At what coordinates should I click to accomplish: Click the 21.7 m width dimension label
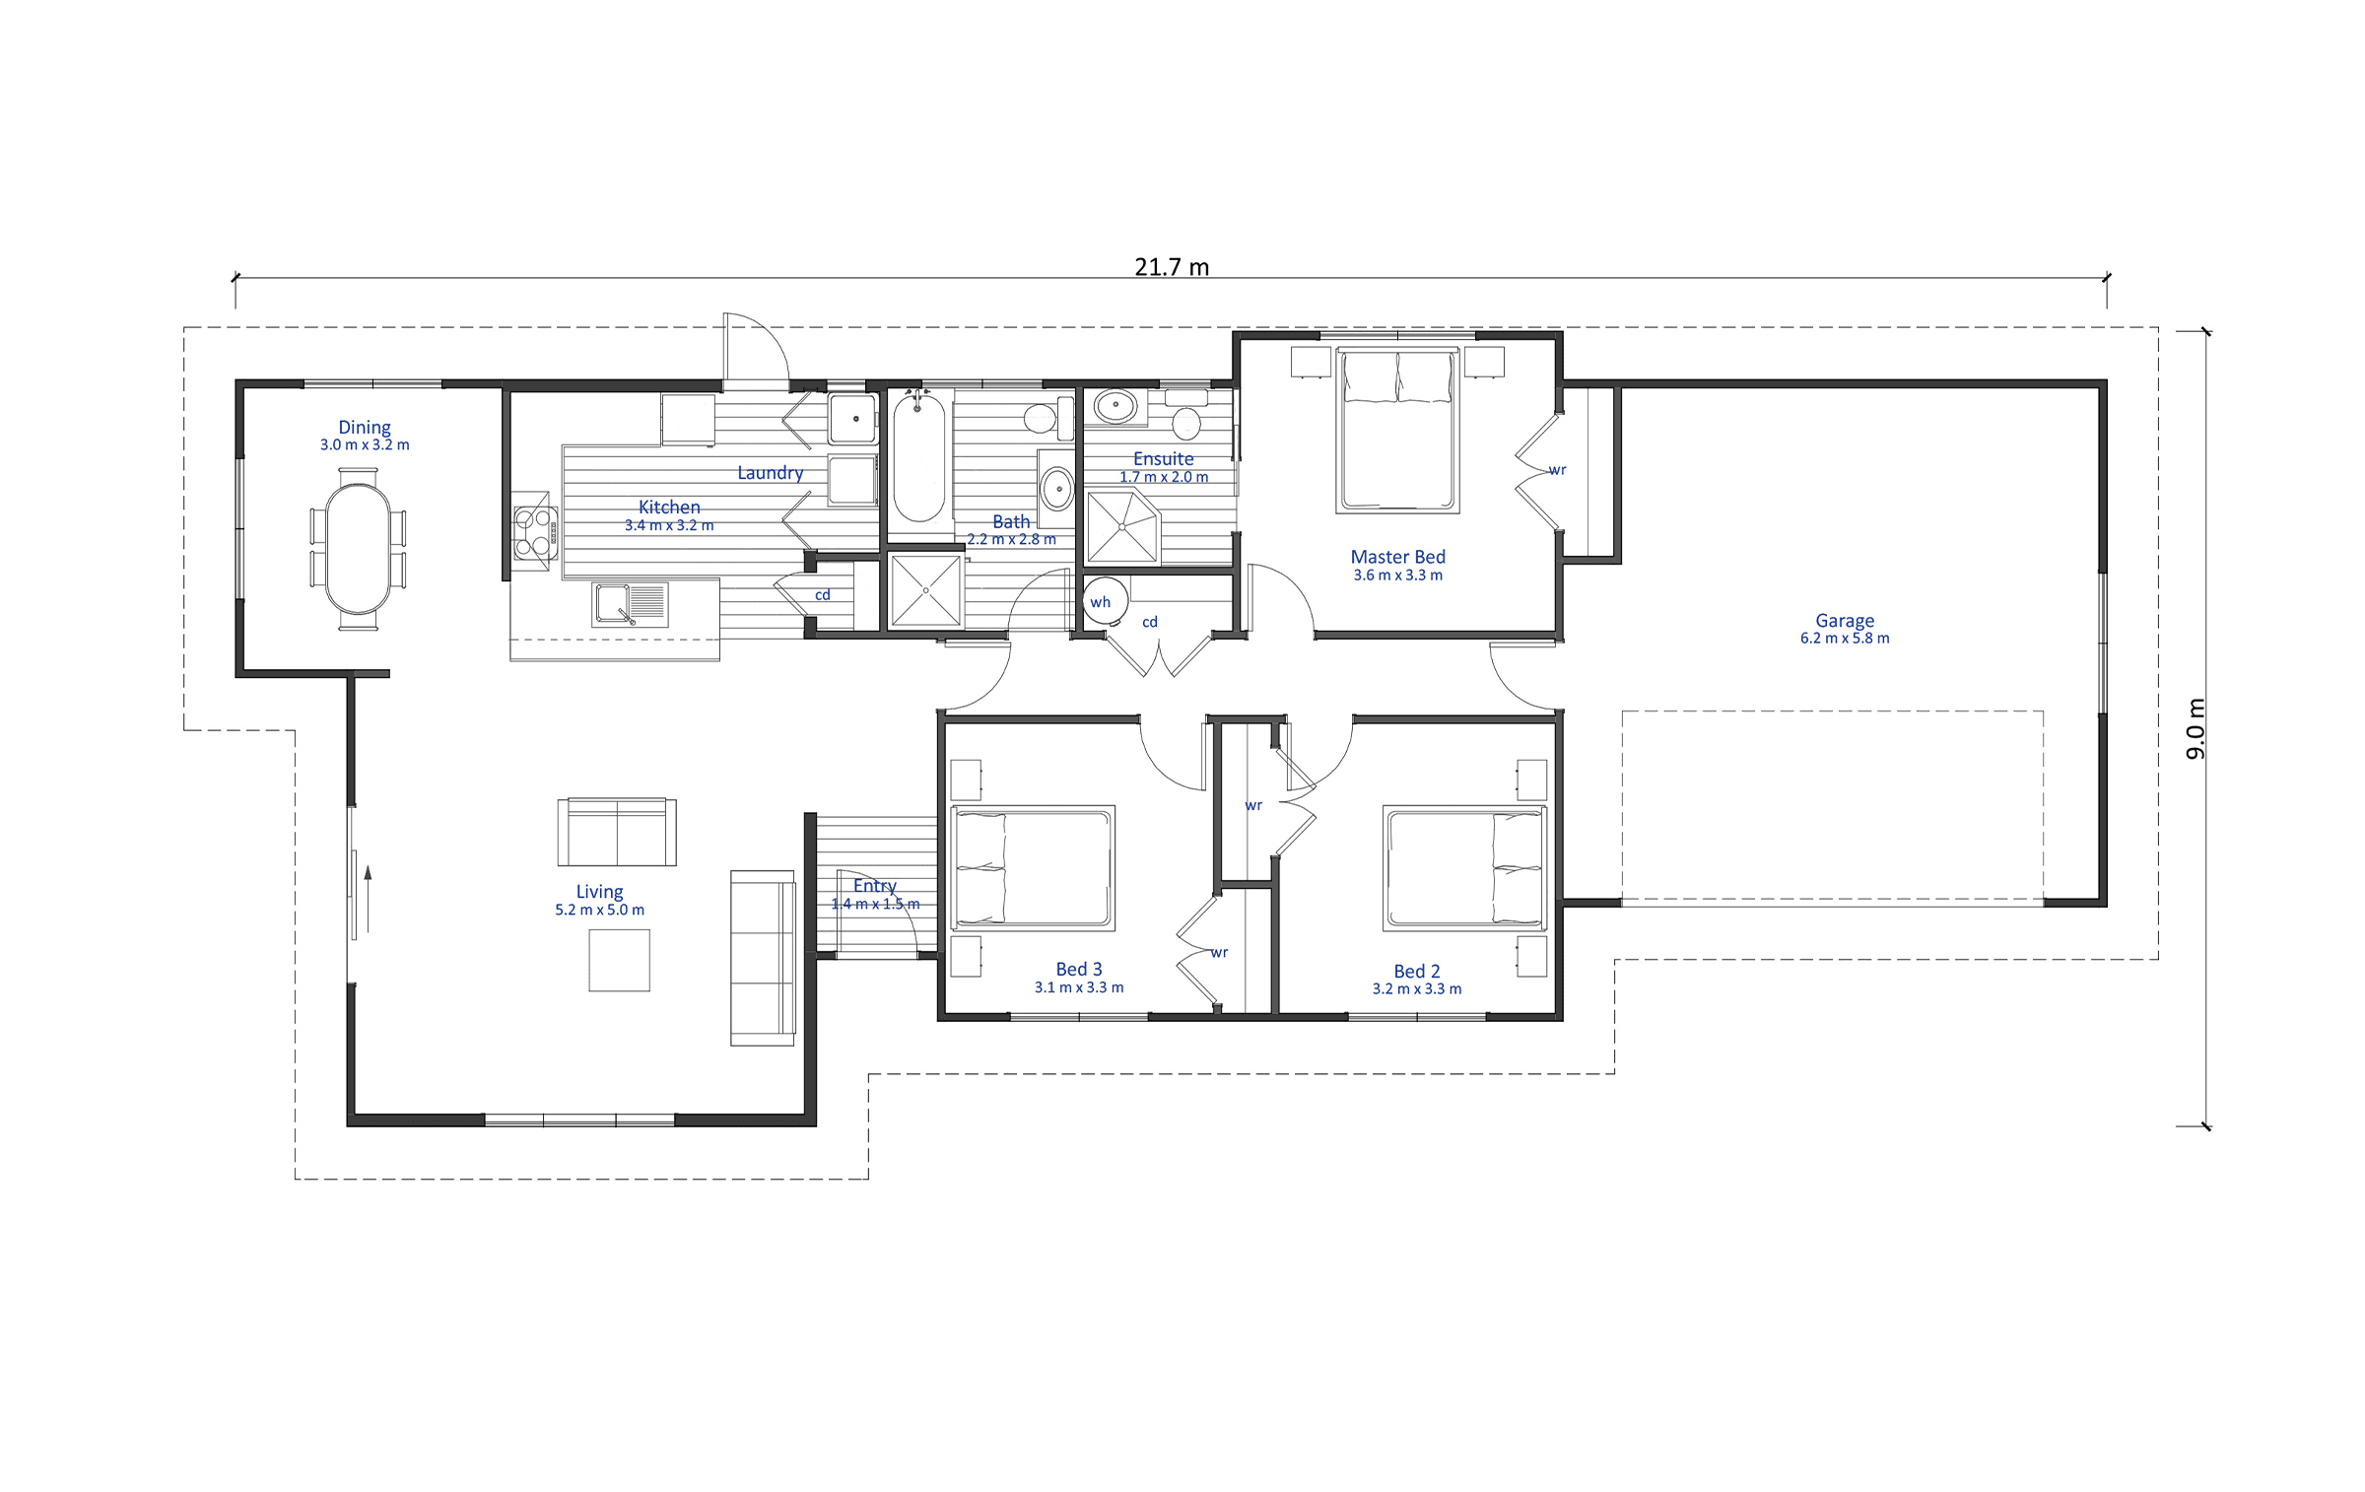coord(1172,267)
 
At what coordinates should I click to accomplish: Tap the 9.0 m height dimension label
coord(2196,729)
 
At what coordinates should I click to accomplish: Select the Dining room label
coord(365,427)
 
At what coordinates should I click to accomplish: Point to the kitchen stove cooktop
coord(536,532)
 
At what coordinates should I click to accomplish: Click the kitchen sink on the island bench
coord(630,603)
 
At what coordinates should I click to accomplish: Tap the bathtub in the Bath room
coord(918,456)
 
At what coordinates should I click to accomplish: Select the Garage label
coord(1845,621)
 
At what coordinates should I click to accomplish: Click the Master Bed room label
coord(1397,557)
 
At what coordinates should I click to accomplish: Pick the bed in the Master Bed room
coord(1397,431)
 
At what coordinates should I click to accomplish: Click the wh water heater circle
coord(1106,601)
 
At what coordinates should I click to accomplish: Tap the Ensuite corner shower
coord(1122,527)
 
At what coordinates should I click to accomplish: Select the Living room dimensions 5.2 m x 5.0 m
coord(599,910)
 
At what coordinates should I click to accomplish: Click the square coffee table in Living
coord(619,960)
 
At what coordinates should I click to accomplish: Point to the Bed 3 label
coord(1079,970)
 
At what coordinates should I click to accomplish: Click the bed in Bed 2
coord(1465,868)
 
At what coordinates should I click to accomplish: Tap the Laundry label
coord(771,473)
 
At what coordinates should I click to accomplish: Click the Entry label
coord(875,886)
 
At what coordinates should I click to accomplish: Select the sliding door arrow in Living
coord(368,899)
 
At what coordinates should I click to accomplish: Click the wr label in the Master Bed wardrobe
coord(1557,470)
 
